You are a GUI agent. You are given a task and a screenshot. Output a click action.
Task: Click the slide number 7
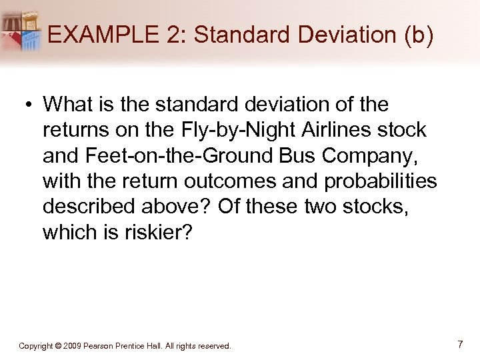[x=460, y=345]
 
